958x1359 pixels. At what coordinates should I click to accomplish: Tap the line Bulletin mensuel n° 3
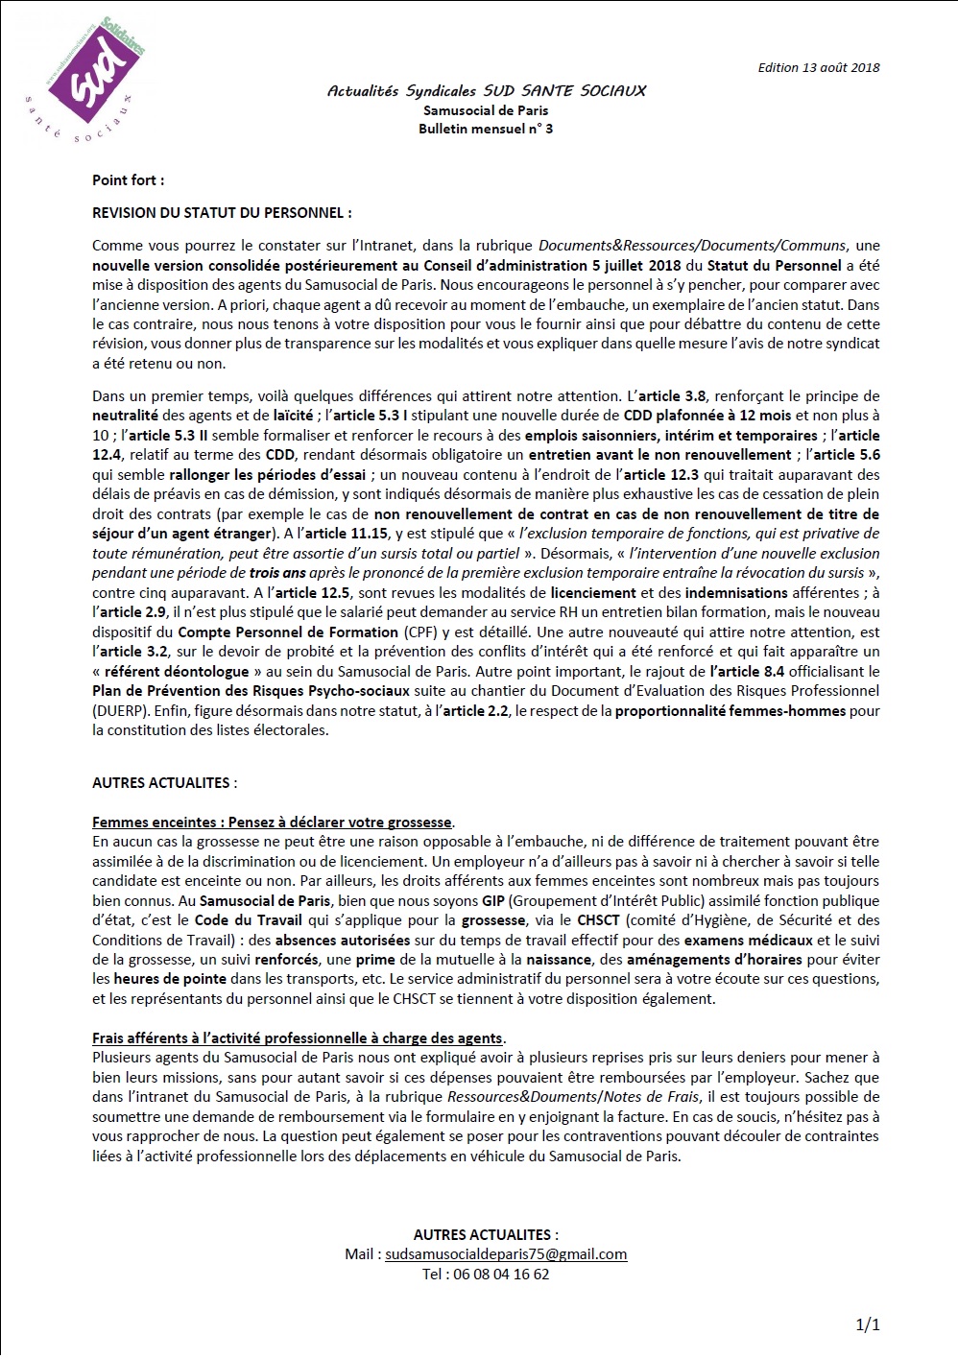tap(486, 129)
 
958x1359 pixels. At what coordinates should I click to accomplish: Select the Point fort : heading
tap(128, 180)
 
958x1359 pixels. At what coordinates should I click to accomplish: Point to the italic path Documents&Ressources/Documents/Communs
tap(692, 246)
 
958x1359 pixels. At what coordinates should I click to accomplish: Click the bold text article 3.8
tap(672, 396)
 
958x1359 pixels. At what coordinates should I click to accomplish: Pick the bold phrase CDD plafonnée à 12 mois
tap(707, 416)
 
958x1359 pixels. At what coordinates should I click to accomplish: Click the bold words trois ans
tap(277, 573)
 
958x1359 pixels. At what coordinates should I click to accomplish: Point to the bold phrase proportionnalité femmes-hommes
tap(730, 711)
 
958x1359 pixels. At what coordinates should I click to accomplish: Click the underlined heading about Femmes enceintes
tap(272, 823)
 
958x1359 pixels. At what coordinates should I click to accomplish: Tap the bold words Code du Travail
tap(249, 920)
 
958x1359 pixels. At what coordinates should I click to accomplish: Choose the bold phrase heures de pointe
tap(170, 979)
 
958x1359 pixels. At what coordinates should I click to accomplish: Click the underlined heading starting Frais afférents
tap(298, 1038)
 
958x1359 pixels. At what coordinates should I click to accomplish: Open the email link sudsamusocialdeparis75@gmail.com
tap(506, 1254)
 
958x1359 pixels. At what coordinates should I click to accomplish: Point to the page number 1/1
tap(867, 1325)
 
